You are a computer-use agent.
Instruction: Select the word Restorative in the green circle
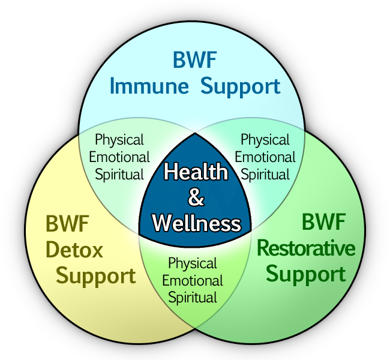point(306,248)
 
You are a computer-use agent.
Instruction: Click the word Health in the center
point(196,172)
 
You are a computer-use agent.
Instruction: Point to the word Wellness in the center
point(196,224)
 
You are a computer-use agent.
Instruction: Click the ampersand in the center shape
point(196,198)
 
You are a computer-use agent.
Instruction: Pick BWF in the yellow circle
point(67,226)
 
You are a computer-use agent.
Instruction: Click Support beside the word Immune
point(241,86)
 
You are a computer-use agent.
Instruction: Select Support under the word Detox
point(96,277)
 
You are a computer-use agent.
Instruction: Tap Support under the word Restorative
point(306,274)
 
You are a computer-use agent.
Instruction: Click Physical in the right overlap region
point(265,140)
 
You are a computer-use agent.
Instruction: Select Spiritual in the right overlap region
point(266,175)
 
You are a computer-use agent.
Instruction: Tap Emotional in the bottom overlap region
point(193,280)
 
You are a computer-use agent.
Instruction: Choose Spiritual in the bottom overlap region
point(193,297)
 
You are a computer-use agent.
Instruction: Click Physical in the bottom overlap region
point(193,263)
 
